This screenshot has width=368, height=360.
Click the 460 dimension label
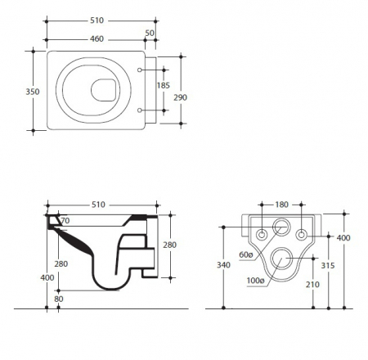[96, 38]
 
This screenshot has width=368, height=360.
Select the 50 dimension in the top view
[150, 33]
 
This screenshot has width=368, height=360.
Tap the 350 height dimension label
[33, 92]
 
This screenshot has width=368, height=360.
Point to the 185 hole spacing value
[164, 85]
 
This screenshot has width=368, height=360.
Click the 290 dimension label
[180, 97]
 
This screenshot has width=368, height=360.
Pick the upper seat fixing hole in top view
[140, 70]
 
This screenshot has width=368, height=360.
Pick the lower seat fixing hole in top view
[140, 110]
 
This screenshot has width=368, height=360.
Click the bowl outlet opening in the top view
[105, 90]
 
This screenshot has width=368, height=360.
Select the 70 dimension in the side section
[65, 220]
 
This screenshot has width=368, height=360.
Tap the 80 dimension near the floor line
[59, 299]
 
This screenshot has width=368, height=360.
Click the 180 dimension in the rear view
[281, 205]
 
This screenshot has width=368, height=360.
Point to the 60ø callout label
[246, 254]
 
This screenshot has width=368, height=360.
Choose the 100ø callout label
[255, 281]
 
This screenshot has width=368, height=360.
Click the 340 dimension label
[223, 265]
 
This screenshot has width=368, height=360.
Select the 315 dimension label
[328, 265]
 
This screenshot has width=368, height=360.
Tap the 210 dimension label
[312, 285]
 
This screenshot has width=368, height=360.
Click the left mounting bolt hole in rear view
[262, 235]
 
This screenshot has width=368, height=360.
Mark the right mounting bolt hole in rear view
[302, 234]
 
